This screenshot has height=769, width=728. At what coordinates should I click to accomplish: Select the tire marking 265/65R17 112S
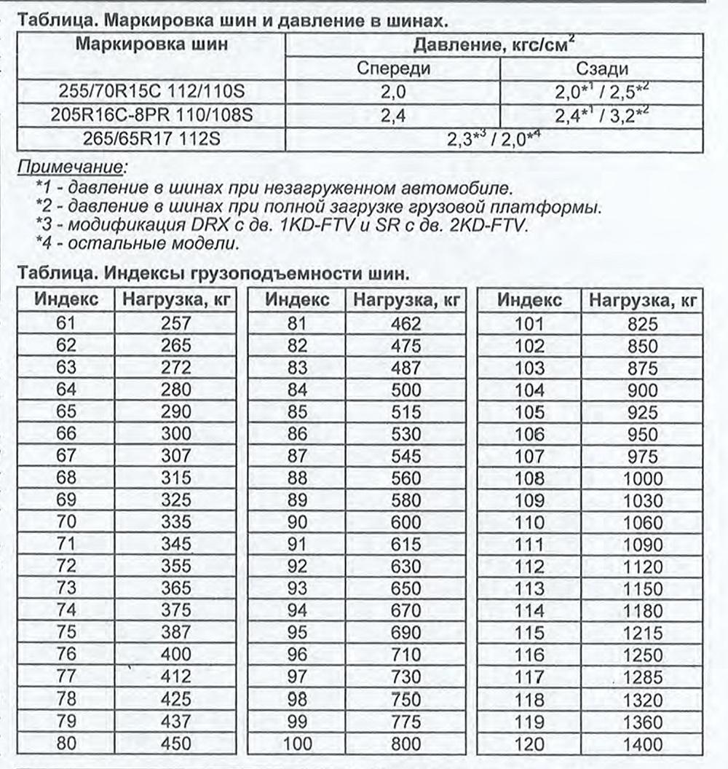pyautogui.click(x=151, y=138)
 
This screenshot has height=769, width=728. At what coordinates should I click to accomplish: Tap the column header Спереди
pyautogui.click(x=393, y=69)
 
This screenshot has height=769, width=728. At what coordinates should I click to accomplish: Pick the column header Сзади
pyautogui.click(x=601, y=69)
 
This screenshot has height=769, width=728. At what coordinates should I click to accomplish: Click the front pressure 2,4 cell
pyautogui.click(x=393, y=116)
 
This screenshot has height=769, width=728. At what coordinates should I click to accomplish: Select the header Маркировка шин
pyautogui.click(x=151, y=44)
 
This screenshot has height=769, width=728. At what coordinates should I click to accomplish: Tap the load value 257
pyautogui.click(x=175, y=323)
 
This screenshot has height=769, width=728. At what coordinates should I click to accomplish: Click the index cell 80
pyautogui.click(x=61, y=744)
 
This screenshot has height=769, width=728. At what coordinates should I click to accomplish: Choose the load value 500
pyautogui.click(x=405, y=390)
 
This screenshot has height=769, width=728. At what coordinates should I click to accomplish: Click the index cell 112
pyautogui.click(x=529, y=567)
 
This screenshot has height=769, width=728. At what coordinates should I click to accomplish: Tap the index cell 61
pyautogui.click(x=61, y=323)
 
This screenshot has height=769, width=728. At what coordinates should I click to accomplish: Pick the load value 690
pyautogui.click(x=405, y=632)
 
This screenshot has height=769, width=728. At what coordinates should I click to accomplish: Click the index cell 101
pyautogui.click(x=529, y=323)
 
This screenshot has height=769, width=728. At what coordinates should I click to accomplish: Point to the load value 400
pyautogui.click(x=175, y=654)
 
